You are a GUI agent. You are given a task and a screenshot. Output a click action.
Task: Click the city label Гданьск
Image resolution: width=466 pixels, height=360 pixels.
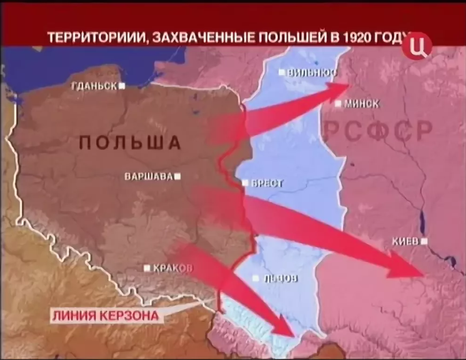pos(94,86)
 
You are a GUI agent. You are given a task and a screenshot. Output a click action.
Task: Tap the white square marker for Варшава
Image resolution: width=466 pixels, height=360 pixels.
pos(178,177)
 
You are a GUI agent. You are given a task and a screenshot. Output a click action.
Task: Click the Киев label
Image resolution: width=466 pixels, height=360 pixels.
pos(405,241)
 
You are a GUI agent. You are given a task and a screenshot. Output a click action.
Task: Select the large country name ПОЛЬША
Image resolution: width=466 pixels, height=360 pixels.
pos(130,143)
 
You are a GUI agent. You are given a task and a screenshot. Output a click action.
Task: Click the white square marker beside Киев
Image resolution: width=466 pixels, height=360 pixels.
pos(424,241)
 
